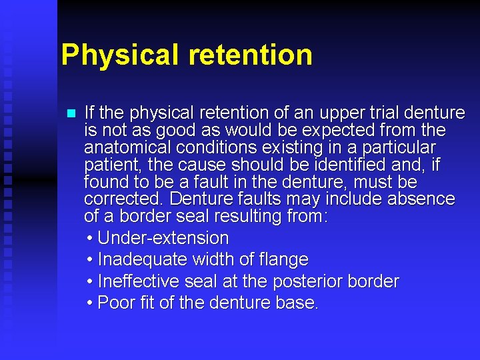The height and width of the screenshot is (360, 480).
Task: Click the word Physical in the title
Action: click(117, 55)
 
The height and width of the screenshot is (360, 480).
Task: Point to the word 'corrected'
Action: click(123, 199)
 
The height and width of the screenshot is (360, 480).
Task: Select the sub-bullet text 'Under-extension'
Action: click(163, 238)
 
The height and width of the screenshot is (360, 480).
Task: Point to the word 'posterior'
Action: click(313, 281)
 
